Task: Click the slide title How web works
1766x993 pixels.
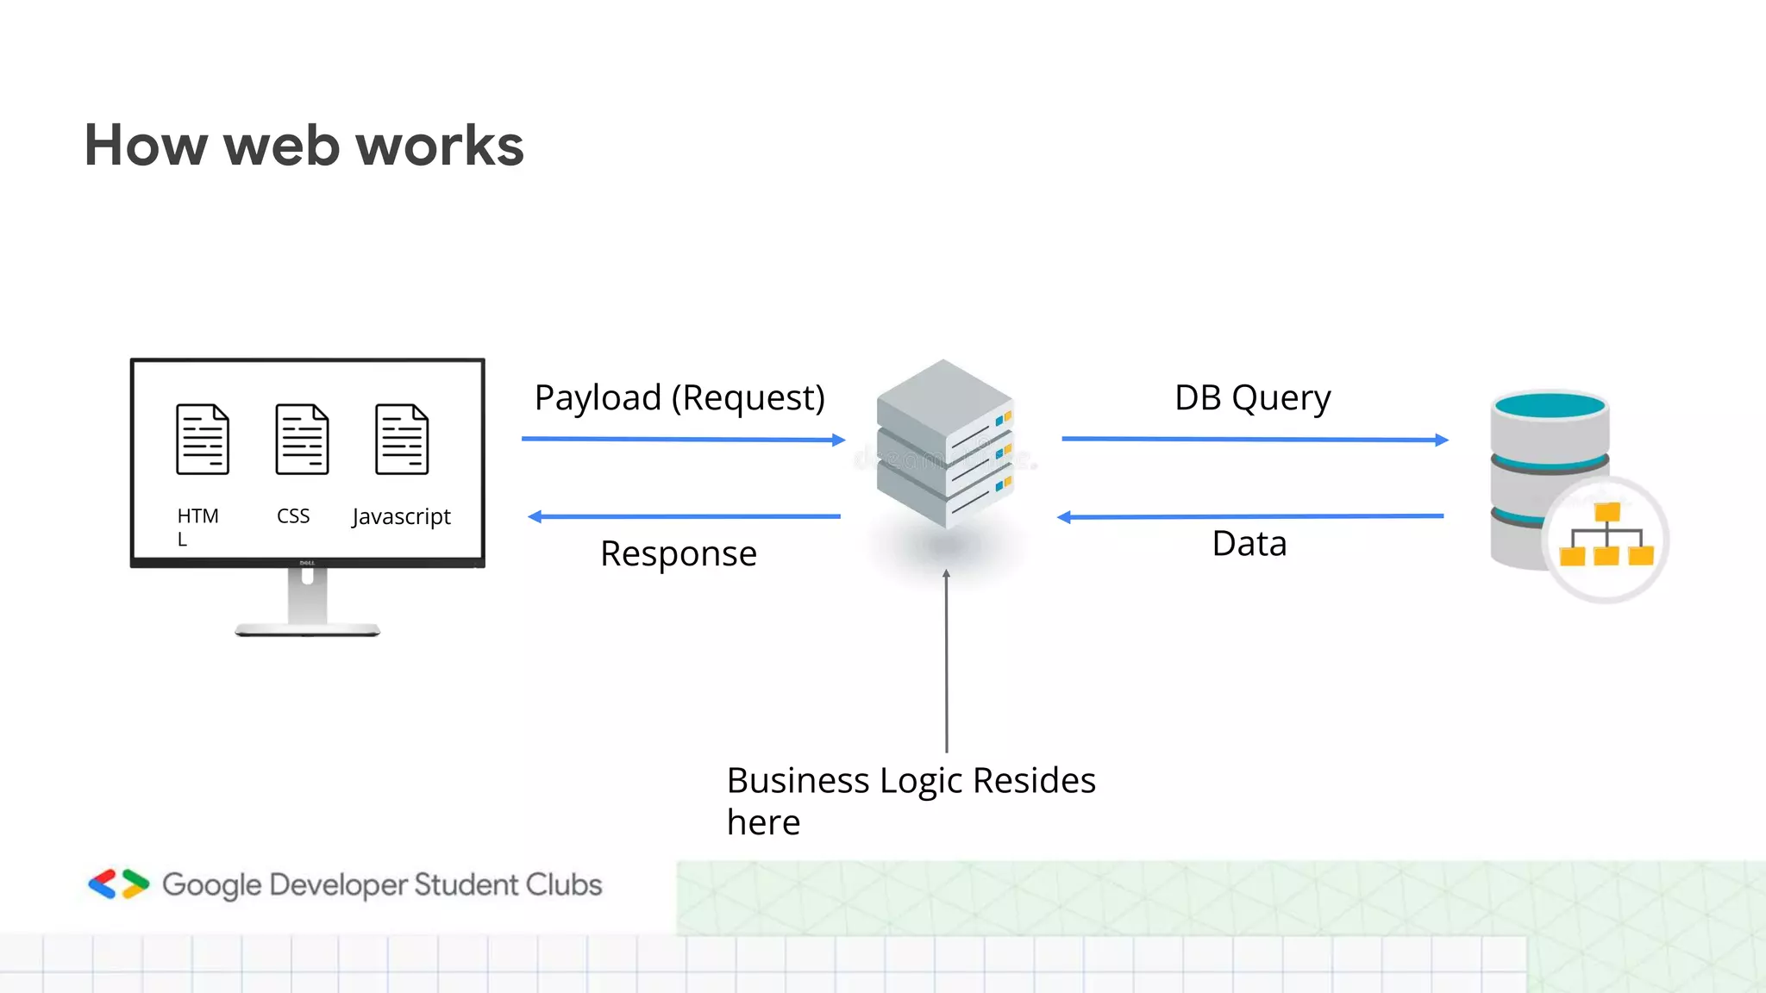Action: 304,145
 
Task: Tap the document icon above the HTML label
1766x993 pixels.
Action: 203,439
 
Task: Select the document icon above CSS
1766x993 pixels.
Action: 302,439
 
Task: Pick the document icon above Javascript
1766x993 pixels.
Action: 402,439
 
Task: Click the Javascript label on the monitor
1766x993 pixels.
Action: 401,516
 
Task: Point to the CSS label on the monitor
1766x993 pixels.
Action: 293,515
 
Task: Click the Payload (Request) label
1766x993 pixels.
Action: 679,398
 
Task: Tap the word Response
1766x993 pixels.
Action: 679,553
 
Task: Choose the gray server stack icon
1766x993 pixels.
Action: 944,444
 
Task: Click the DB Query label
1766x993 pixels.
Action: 1252,398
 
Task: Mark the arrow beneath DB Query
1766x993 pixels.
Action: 1255,440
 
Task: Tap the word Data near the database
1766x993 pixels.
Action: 1249,544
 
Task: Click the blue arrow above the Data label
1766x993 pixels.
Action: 1250,516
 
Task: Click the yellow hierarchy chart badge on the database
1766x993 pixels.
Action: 1606,539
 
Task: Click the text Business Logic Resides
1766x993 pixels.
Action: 911,781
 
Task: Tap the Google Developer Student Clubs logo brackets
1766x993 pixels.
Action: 119,884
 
